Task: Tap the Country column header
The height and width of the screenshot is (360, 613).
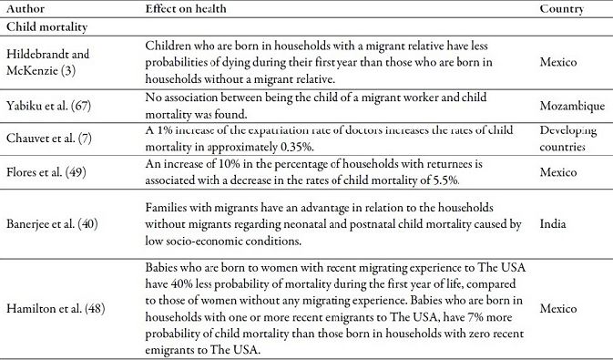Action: [x=562, y=8]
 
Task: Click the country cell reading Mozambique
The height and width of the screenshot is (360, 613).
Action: [x=572, y=106]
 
